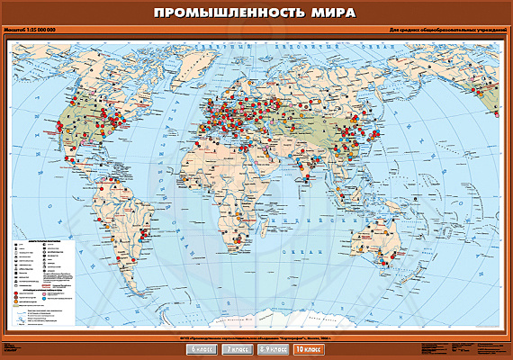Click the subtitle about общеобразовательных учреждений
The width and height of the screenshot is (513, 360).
point(437,31)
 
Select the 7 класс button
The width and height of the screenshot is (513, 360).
point(238,347)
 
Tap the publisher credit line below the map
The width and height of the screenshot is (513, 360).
point(256,337)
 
